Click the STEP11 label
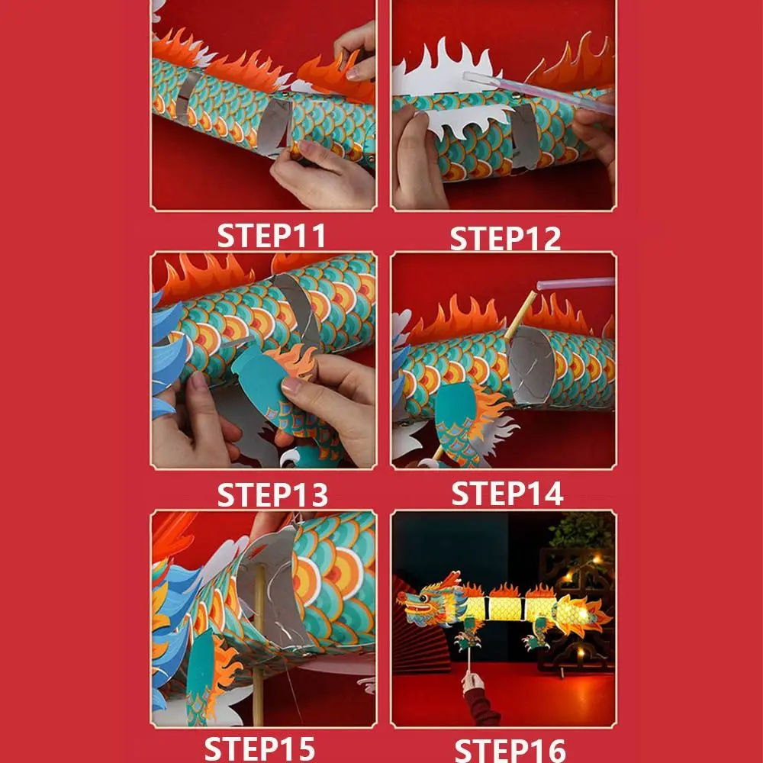[x=272, y=236]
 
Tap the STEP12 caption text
[x=505, y=238]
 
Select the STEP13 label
[x=272, y=495]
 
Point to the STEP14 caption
[x=507, y=494]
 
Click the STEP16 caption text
[x=508, y=749]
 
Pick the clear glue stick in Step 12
[x=534, y=85]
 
